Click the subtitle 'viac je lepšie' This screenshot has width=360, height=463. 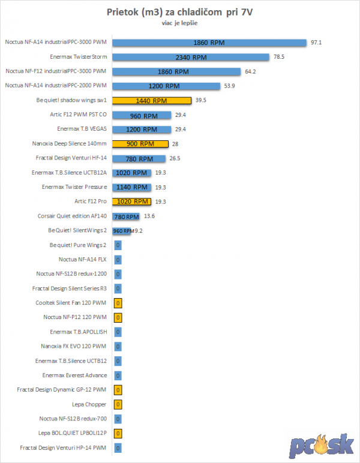coord(179,24)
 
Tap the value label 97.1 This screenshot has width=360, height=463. coord(316,43)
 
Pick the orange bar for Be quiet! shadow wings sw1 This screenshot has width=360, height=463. coord(152,101)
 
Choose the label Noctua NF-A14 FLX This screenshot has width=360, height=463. coord(83,259)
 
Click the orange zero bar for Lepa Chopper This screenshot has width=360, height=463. coord(118,404)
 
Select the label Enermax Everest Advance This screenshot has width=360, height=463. coord(75,375)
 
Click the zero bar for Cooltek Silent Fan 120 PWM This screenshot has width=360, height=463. coord(118,302)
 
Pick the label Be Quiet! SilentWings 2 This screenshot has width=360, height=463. coord(77,230)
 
